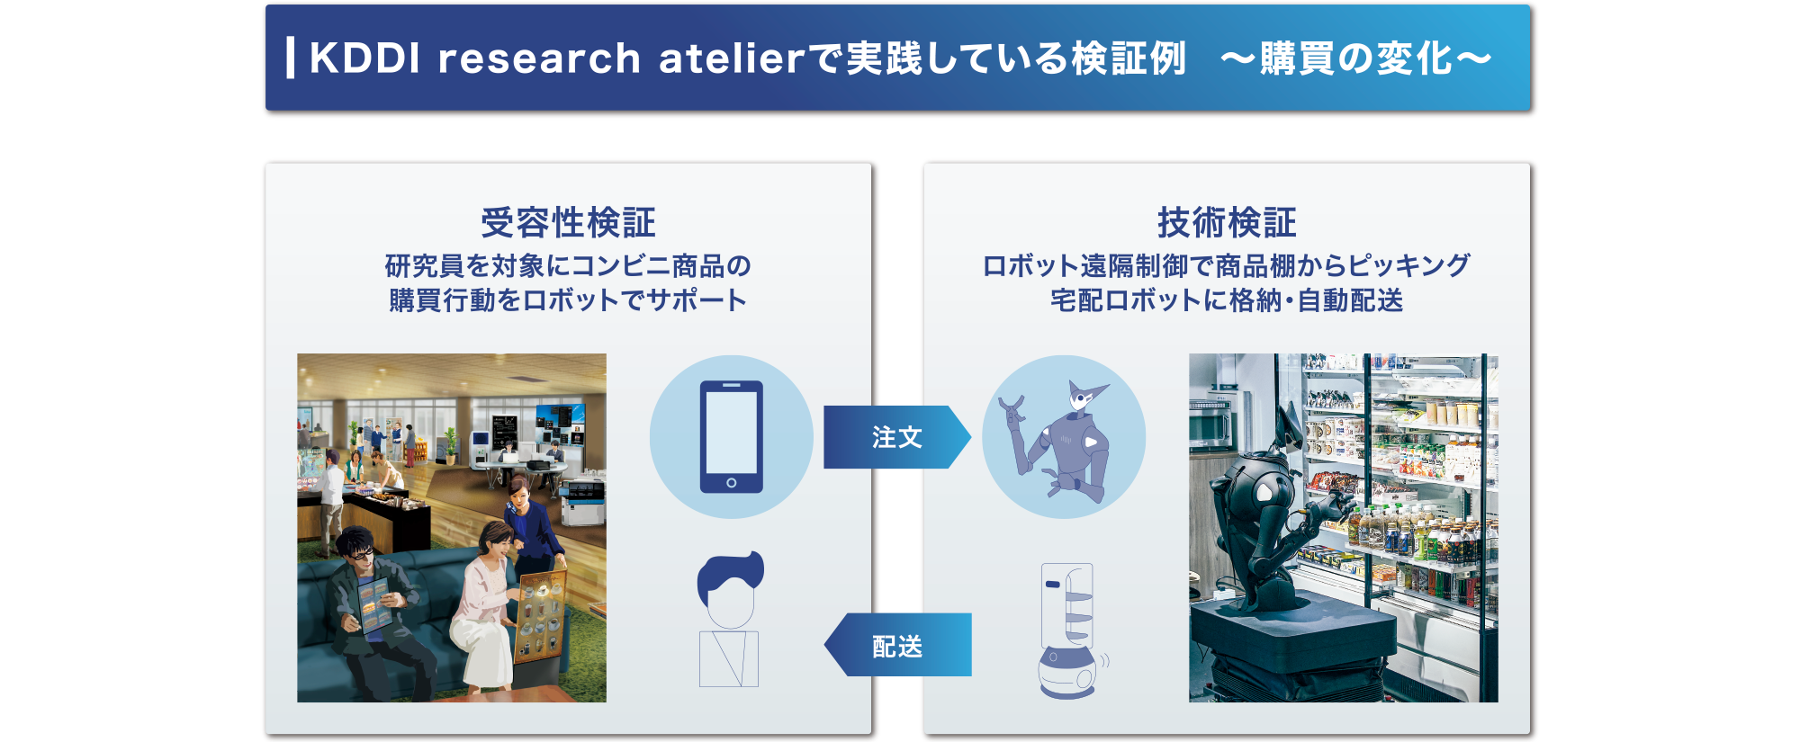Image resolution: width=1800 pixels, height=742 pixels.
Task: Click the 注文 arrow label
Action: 896,437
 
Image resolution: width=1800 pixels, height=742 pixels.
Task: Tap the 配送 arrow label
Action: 896,646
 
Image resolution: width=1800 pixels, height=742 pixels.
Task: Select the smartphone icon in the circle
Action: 731,437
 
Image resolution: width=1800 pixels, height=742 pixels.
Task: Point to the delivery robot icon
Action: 1068,630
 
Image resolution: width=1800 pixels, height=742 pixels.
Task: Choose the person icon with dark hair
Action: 730,619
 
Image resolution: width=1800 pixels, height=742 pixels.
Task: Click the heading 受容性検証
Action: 568,223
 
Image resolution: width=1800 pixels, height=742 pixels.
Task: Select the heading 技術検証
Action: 1227,223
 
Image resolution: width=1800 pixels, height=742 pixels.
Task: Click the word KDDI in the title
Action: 364,58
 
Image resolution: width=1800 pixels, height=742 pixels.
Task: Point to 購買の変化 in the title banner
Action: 1355,58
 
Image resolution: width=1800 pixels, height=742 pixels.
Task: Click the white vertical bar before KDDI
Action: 290,58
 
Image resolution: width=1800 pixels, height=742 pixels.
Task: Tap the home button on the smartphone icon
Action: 731,483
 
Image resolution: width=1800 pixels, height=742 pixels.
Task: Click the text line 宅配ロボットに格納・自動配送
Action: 1227,299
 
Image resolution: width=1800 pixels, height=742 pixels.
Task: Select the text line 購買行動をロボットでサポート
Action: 568,299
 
